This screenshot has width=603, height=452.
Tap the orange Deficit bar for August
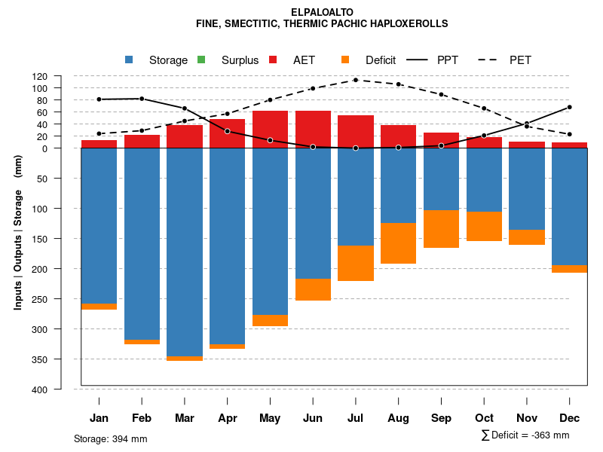(399, 243)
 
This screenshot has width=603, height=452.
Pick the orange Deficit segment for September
(441, 229)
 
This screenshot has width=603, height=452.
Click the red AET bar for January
(99, 144)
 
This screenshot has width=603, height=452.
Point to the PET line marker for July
(356, 80)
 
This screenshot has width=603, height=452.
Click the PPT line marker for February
(142, 99)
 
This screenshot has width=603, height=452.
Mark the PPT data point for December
(569, 107)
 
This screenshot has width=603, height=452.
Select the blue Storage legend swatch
(129, 60)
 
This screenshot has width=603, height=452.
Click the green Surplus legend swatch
(201, 60)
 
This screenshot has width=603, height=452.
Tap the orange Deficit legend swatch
(345, 60)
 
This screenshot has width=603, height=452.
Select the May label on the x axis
(270, 418)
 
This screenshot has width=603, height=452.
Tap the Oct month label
(484, 418)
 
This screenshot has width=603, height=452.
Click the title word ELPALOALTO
(322, 12)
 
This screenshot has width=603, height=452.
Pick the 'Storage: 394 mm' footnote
(110, 438)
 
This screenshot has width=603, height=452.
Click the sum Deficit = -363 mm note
(525, 435)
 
